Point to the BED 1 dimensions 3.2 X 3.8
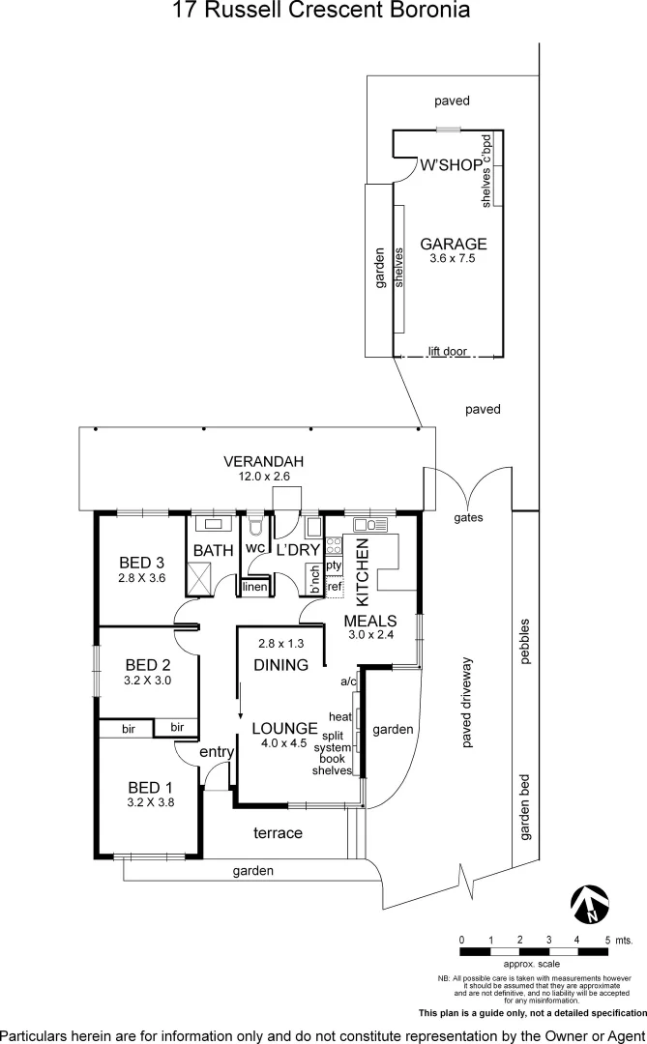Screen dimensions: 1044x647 click(x=150, y=801)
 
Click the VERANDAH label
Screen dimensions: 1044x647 click(x=264, y=462)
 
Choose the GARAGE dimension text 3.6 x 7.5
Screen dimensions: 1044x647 click(x=453, y=258)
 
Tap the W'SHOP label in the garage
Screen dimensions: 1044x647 click(x=450, y=165)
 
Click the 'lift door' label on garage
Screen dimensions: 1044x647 click(x=447, y=352)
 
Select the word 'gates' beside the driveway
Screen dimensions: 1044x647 click(x=468, y=517)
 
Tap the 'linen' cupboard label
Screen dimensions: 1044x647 click(x=253, y=587)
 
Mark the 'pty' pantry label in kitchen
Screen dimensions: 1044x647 click(x=334, y=565)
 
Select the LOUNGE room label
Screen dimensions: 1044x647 click(x=284, y=728)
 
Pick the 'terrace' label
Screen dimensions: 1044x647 click(x=278, y=832)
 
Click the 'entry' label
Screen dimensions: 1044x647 click(x=216, y=751)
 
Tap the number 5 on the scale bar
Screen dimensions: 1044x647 click(x=606, y=940)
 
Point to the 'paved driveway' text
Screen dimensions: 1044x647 click(x=467, y=703)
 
